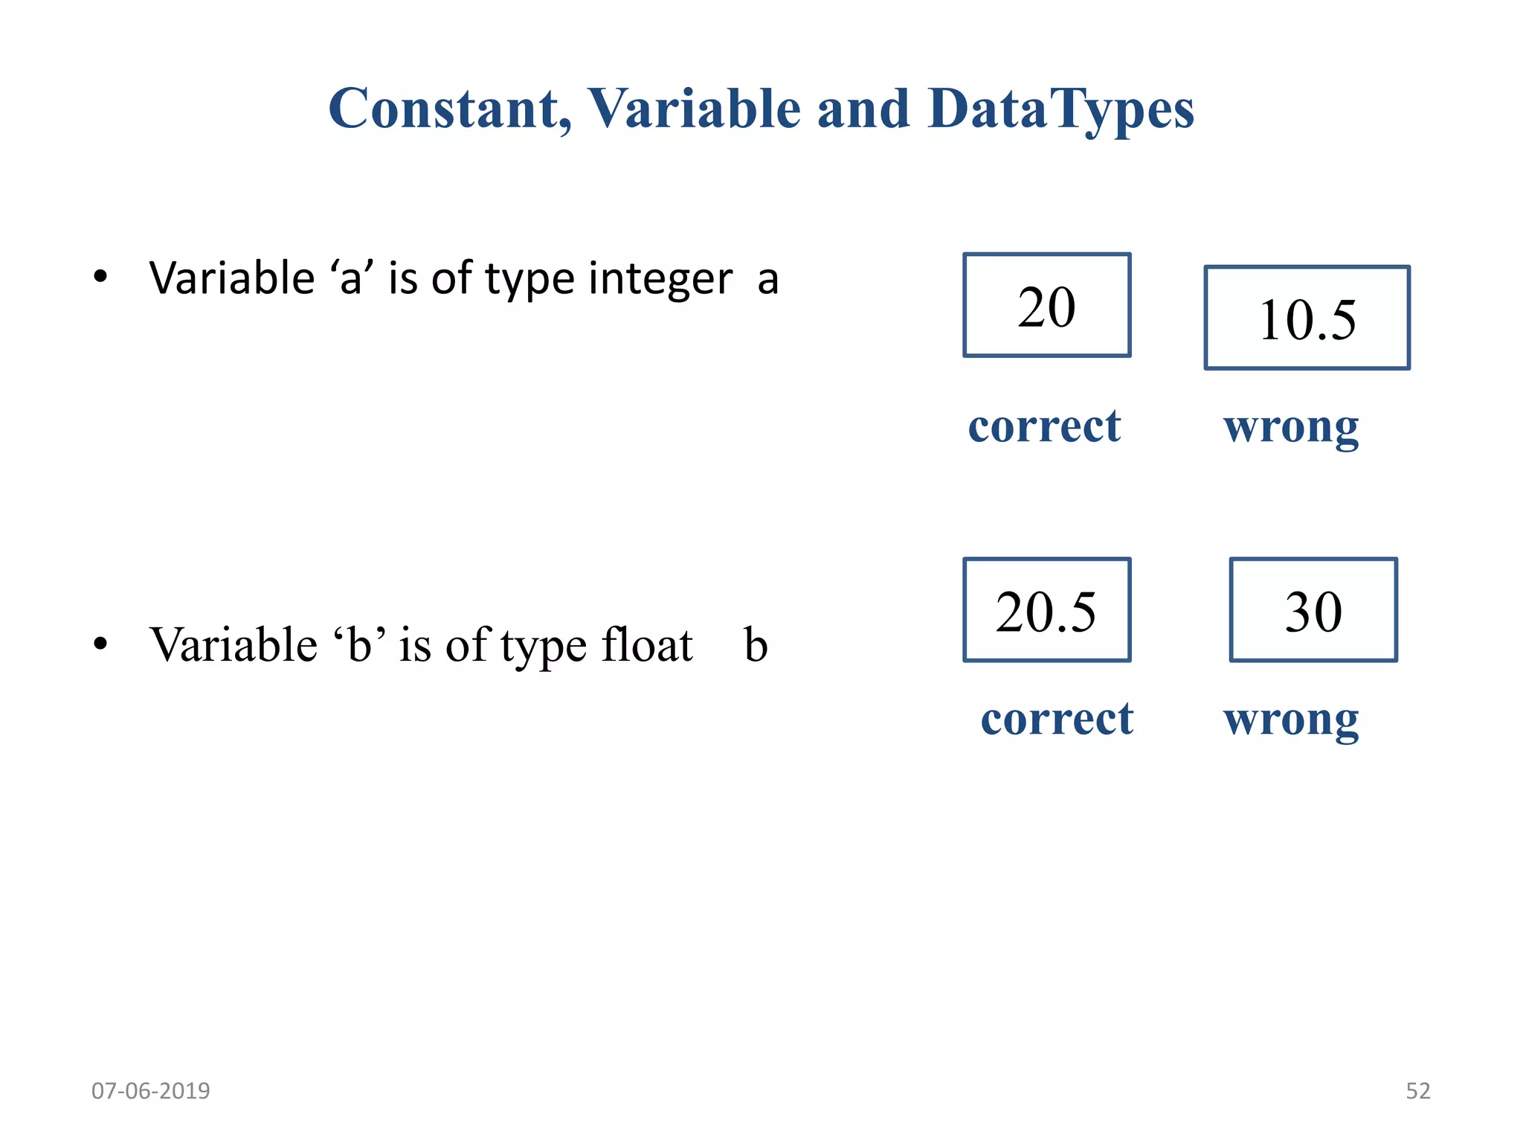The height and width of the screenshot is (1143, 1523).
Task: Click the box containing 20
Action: click(1046, 306)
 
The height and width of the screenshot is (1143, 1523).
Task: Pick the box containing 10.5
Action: click(1307, 318)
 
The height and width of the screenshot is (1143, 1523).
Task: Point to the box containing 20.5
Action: click(1046, 610)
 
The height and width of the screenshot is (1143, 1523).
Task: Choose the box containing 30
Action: click(1313, 610)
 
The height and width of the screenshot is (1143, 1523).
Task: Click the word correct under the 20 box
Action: click(1044, 426)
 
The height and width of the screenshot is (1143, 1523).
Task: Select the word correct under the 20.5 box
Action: click(1057, 719)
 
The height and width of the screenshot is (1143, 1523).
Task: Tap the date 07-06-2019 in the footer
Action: click(151, 1091)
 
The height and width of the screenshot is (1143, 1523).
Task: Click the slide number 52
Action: click(1417, 1091)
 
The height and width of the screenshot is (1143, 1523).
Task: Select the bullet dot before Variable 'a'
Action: click(100, 278)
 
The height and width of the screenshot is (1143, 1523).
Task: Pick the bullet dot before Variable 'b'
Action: click(100, 644)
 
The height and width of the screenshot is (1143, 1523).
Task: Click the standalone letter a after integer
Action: click(768, 281)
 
